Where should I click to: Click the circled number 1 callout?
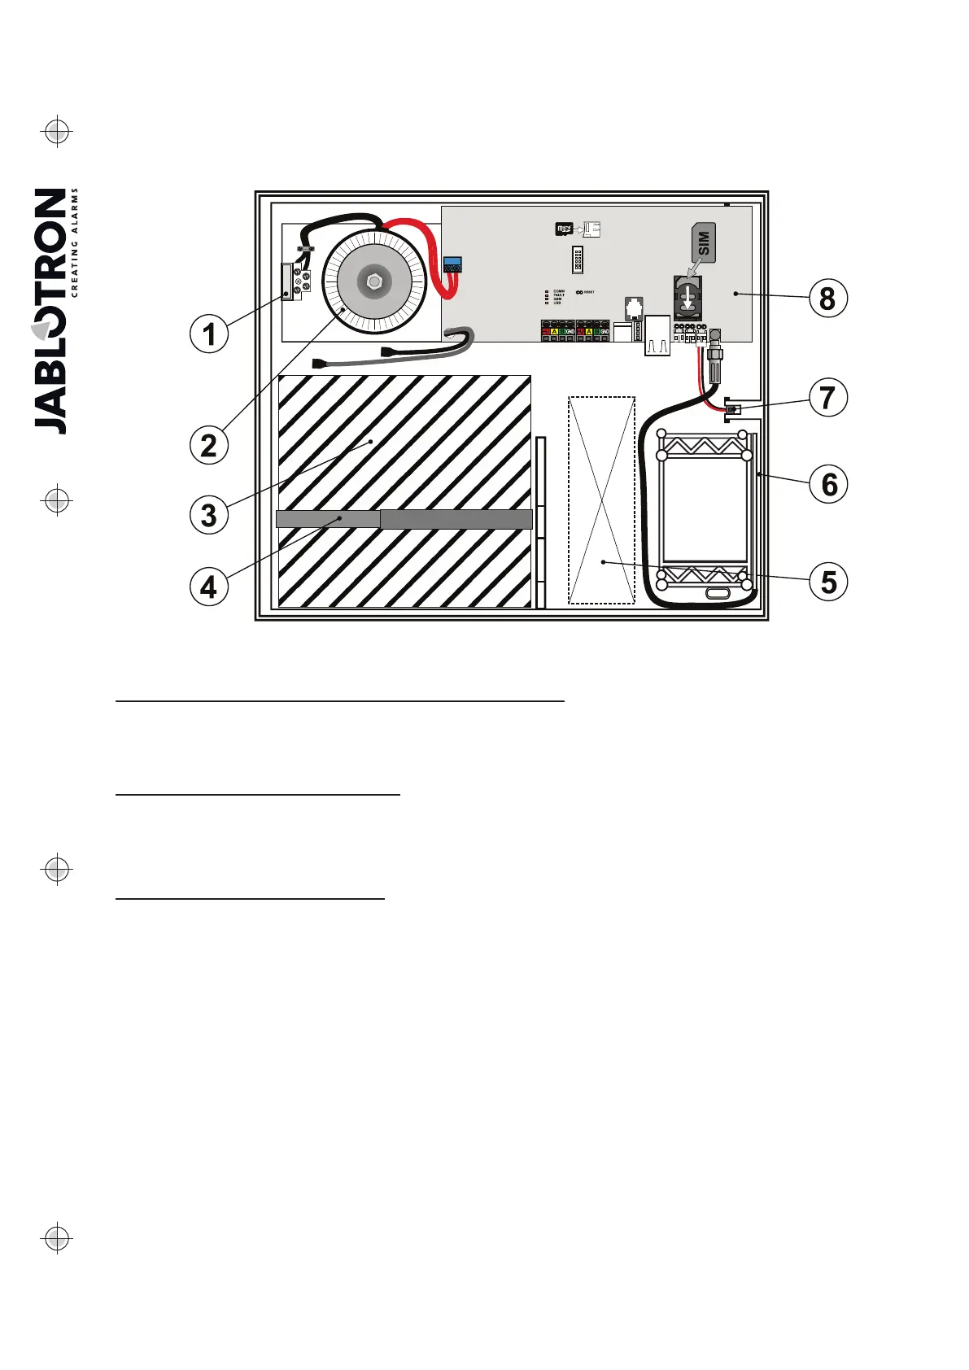(x=209, y=334)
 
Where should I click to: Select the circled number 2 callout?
(x=209, y=445)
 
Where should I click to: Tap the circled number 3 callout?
(x=209, y=515)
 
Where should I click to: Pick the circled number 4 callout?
(x=209, y=586)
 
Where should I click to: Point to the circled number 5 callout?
(x=828, y=582)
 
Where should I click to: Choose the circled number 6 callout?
(x=828, y=484)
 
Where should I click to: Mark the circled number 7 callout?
(x=828, y=398)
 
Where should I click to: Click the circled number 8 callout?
(x=828, y=298)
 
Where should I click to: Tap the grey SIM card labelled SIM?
(x=704, y=243)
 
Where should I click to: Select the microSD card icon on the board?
(x=564, y=229)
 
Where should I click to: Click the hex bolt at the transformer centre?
(x=373, y=282)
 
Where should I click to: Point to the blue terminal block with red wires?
(x=452, y=264)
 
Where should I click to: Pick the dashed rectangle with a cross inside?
(x=601, y=500)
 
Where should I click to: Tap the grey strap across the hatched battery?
(x=404, y=519)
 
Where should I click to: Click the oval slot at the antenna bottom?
(x=718, y=594)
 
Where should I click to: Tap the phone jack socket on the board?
(x=635, y=309)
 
